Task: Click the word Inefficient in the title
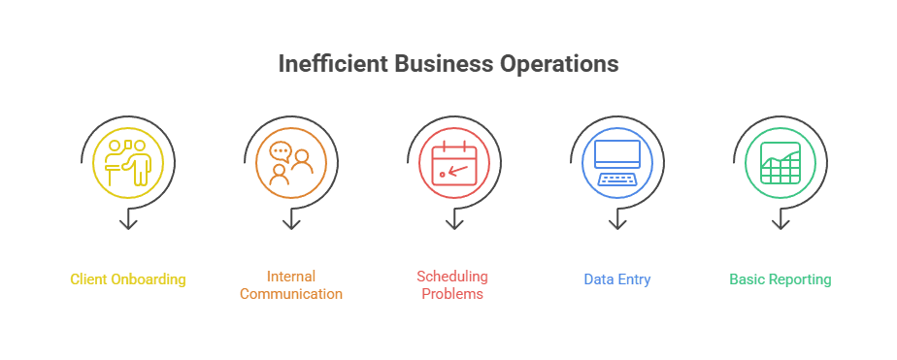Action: pos(333,65)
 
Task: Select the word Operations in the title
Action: pos(558,65)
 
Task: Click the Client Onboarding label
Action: pos(128,279)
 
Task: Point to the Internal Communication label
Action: pos(291,285)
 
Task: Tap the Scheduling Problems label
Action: pos(453,285)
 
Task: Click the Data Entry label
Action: pos(617,279)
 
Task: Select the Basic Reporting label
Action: pos(781,279)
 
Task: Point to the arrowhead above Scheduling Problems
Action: pos(453,225)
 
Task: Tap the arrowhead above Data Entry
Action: pos(616,225)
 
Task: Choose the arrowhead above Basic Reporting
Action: pos(780,225)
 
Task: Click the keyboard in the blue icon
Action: pos(616,179)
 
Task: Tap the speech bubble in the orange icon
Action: pos(281,151)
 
